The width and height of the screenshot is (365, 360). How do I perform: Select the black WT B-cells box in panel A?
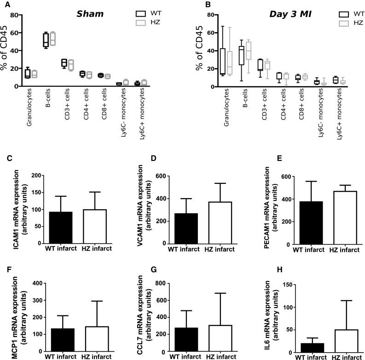(x=46, y=40)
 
